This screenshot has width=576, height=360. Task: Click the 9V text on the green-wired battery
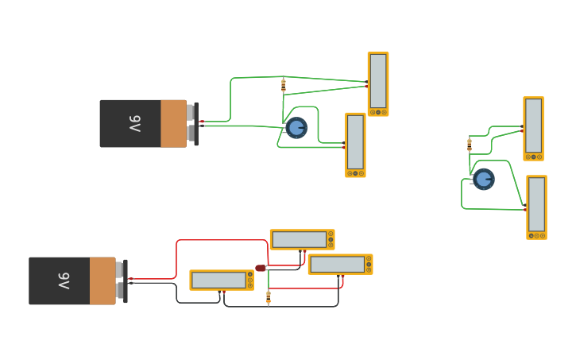(134, 124)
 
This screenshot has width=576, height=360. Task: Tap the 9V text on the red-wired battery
(64, 281)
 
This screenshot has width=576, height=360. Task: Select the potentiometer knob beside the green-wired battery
(296, 127)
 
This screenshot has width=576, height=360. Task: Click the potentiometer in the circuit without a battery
(483, 179)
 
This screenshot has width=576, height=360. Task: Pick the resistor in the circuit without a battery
(470, 145)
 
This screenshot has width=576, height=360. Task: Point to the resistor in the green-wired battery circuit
(284, 85)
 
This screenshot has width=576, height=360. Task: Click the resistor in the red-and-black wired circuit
(269, 297)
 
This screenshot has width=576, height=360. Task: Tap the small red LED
(261, 268)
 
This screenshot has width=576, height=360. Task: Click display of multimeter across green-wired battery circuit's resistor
(378, 80)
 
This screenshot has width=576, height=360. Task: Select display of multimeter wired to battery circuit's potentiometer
(355, 141)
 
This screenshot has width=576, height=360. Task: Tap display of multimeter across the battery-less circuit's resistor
(533, 126)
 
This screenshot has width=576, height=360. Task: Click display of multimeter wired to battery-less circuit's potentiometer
(537, 204)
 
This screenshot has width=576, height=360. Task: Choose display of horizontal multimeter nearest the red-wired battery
(218, 280)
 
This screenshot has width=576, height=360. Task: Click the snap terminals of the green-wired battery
(191, 123)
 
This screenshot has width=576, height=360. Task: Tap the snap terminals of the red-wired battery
(121, 281)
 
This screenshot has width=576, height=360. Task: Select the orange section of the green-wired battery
(173, 124)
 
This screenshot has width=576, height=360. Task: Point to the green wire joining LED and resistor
(269, 281)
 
